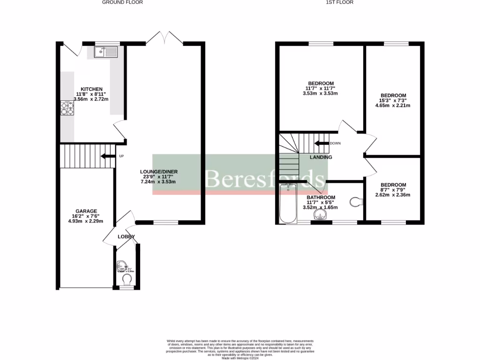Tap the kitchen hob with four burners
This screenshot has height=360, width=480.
[67, 108]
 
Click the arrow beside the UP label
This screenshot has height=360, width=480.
[108, 156]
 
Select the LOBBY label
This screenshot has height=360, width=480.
[126, 237]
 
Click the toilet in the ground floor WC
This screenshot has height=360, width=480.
[127, 279]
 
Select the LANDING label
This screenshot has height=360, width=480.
[321, 157]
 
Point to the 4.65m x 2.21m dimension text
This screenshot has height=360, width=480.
[393, 105]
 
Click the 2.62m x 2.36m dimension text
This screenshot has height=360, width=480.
[393, 195]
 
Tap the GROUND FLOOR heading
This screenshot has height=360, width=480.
[123, 2]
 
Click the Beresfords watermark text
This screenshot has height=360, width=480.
[265, 179]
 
